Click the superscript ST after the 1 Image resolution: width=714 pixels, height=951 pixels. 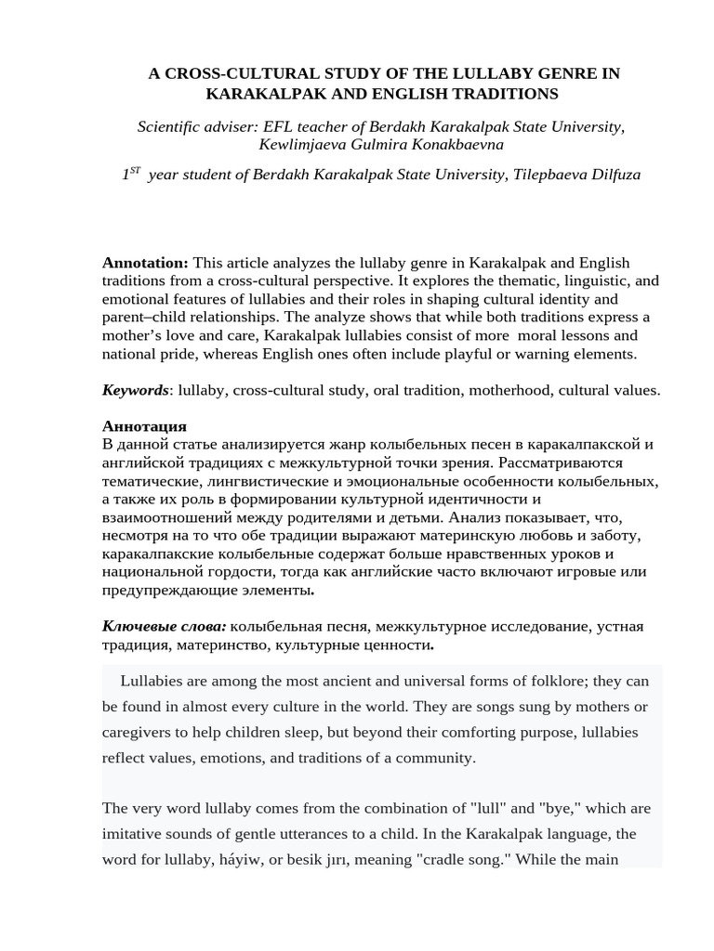tap(135, 170)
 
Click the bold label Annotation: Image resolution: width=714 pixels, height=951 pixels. tap(145, 264)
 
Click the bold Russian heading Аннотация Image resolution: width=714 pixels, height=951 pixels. tap(144, 426)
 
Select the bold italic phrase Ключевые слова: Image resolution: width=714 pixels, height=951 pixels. tap(164, 627)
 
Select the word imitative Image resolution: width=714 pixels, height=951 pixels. tap(140, 834)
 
